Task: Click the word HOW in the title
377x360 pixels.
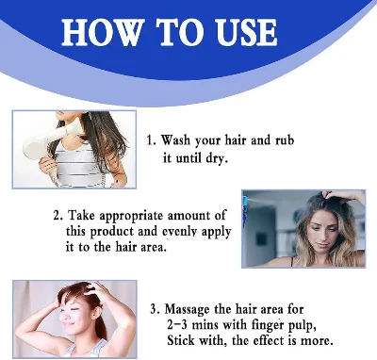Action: [x=101, y=32]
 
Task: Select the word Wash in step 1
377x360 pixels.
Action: [x=176, y=140]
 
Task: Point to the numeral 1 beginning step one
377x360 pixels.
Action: [x=150, y=140]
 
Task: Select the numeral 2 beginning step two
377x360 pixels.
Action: [x=57, y=216]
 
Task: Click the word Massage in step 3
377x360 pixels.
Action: [x=187, y=310]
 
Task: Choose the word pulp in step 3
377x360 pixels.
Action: [x=302, y=326]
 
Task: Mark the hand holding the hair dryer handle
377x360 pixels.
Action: [x=48, y=166]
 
